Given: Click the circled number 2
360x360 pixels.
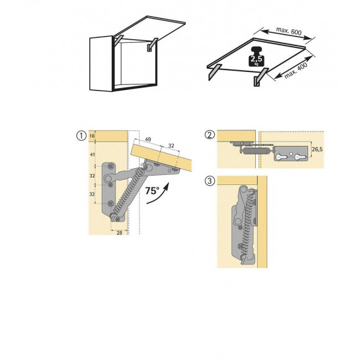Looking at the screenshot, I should coord(209,135).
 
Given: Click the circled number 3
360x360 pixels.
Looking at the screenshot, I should coord(209,181).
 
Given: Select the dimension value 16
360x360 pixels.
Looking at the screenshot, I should coord(92,135).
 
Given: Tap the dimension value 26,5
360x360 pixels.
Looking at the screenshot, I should coord(317,149).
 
